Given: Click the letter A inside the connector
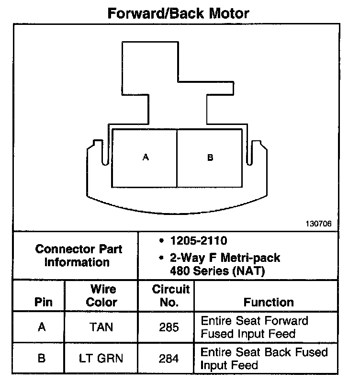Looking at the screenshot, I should coord(146,158).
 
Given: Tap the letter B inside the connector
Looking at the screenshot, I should coord(210,158).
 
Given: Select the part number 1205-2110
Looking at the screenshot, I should coord(198,241).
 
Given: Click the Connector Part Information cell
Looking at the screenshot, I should coord(79,256).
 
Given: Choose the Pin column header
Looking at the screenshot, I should coord(42,303).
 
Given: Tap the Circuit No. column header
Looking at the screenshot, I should coord(170,296).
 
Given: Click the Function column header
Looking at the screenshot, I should coord(268,303).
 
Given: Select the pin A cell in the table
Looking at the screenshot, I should coord(42,327).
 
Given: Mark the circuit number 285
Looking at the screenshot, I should coord(170,327).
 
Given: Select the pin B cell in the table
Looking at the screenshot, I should coord(42,358).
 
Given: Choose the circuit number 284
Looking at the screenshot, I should coord(170,358).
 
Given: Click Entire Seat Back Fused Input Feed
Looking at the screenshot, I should coord(264,358).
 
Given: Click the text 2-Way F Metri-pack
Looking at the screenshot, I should coord(225,259).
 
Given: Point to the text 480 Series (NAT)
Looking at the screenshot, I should coord(217,271).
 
